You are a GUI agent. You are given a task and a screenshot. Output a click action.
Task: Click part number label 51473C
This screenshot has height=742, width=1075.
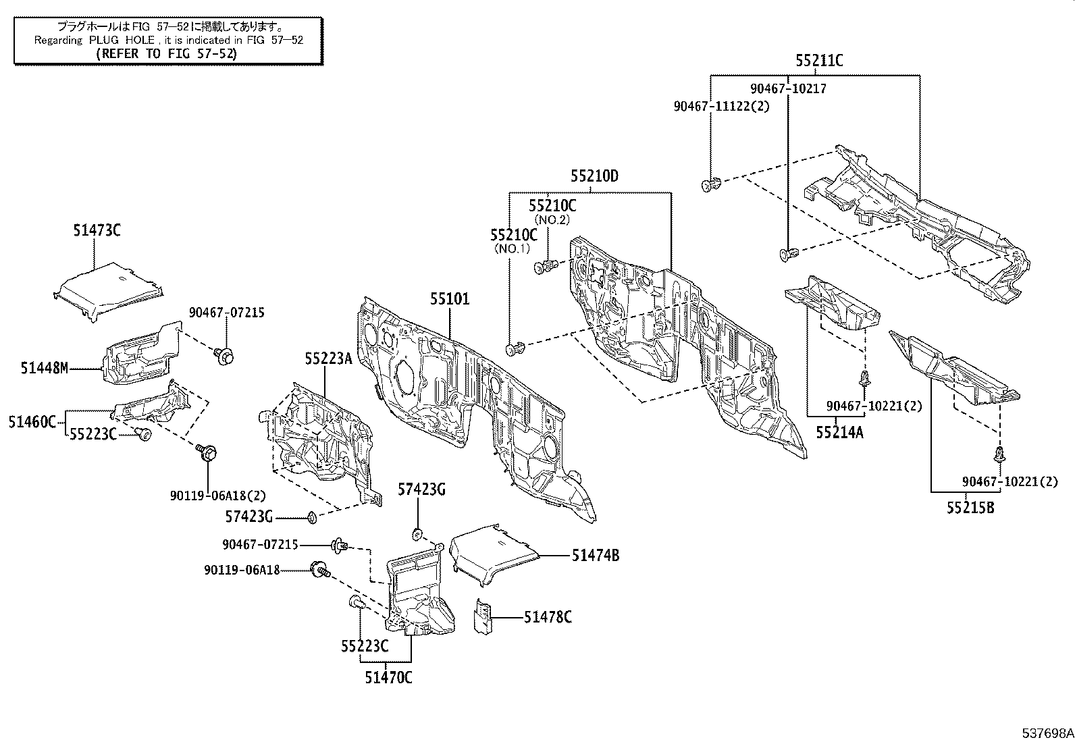tap(97, 230)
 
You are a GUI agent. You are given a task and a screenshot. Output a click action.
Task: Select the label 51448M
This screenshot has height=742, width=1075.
tap(45, 369)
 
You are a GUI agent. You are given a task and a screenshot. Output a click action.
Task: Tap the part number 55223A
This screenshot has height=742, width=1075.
tap(328, 359)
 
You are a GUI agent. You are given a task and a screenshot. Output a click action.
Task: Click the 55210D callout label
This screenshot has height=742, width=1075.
tap(594, 177)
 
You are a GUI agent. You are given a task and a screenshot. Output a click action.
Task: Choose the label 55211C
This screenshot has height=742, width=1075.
tap(818, 61)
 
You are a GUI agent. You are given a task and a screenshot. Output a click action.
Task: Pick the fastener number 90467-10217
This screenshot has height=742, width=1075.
tap(788, 88)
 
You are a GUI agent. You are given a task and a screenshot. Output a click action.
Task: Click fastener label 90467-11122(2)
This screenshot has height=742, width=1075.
tap(722, 106)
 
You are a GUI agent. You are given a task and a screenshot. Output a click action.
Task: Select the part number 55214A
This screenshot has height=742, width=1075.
tap(839, 432)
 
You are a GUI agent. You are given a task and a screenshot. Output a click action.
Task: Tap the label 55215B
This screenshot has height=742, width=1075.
tap(970, 508)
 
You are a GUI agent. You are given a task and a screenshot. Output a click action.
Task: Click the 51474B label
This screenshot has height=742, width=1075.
tap(596, 556)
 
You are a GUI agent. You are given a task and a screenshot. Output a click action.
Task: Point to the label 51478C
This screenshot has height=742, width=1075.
tap(548, 617)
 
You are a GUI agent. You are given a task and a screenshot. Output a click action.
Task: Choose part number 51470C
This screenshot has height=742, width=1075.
tap(388, 677)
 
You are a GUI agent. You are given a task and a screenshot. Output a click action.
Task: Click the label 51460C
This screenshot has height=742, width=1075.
tap(32, 422)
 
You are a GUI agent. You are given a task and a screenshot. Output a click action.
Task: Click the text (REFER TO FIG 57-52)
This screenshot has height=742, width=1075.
tap(166, 54)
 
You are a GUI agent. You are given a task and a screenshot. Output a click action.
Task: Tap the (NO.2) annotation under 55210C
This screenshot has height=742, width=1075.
tap(552, 220)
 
